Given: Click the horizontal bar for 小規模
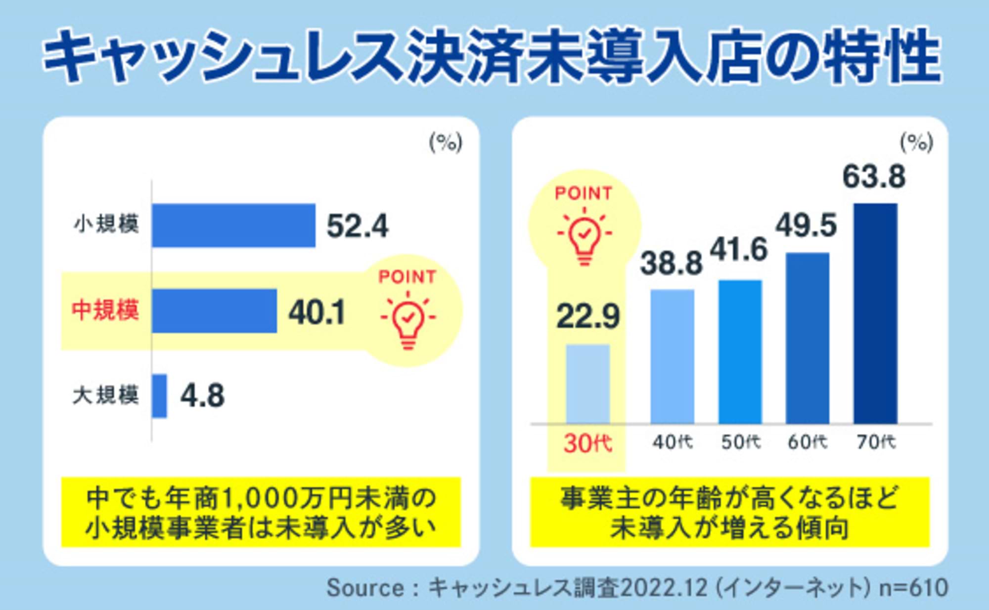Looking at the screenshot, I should pos(233,225).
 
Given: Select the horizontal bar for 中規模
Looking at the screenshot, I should pos(214,311).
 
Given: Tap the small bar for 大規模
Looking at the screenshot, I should pos(159,396).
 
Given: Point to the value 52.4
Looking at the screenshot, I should pos(358,226).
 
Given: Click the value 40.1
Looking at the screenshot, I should pos(317,312).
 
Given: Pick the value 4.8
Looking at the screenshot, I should pos(202,396).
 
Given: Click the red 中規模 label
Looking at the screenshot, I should pos(105,310).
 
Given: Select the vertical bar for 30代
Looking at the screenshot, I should pos(588,384).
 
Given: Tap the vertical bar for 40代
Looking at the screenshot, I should pos(672,356).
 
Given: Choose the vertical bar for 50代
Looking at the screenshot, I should pos(740,352).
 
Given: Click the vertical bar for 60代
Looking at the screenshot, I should pos(808,338).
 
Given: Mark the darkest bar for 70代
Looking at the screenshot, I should pos(875,313).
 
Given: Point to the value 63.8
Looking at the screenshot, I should pos(874,177).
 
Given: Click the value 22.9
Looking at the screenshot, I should pos(587,317).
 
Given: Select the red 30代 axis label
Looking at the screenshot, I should pos(588,443).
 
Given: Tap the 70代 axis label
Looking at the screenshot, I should pos(876,442).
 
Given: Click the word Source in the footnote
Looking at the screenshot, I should pos(365,588).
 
